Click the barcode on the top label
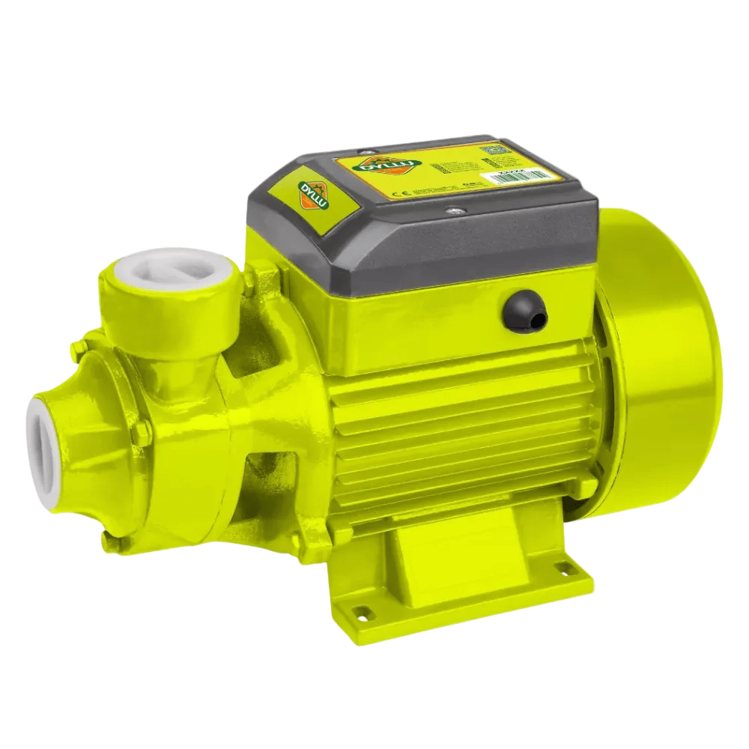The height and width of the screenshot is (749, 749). [533, 174]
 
